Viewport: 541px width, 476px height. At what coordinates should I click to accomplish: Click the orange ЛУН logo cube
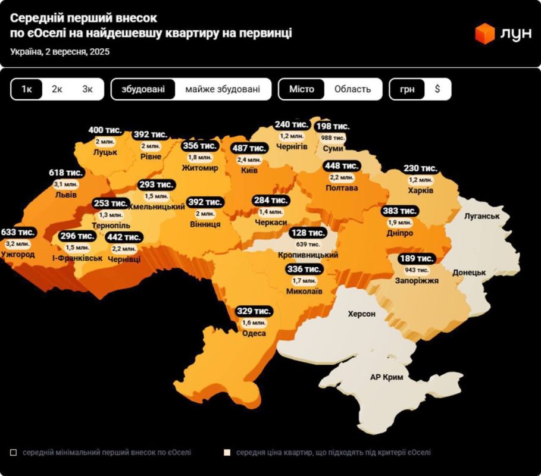(485, 33)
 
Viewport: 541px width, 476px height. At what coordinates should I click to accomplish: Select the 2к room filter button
(57, 89)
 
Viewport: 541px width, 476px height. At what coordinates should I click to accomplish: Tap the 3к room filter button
(88, 89)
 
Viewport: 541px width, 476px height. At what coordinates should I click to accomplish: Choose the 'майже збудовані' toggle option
(223, 89)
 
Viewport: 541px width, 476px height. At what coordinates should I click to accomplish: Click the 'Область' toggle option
(352, 89)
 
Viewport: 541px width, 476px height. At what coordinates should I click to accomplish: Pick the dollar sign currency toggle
(437, 89)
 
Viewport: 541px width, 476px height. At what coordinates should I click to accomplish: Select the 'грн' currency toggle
(408, 89)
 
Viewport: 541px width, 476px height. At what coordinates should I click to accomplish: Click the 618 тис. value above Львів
(66, 173)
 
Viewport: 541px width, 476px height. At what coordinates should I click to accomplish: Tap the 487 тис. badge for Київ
(249, 148)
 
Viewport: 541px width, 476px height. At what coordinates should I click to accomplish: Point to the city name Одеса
(254, 333)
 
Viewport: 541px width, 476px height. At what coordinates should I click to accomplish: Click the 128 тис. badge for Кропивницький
(308, 233)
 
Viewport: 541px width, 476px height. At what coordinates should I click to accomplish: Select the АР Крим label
(387, 377)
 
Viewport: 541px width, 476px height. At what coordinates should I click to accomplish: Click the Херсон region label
(361, 314)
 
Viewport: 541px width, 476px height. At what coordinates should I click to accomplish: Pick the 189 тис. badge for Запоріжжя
(417, 258)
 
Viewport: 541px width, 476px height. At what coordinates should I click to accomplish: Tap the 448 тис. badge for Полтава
(342, 165)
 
